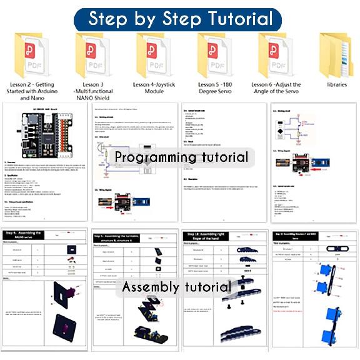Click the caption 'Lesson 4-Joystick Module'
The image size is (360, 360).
154,87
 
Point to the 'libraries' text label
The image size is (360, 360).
336,83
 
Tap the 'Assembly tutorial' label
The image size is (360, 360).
176,287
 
